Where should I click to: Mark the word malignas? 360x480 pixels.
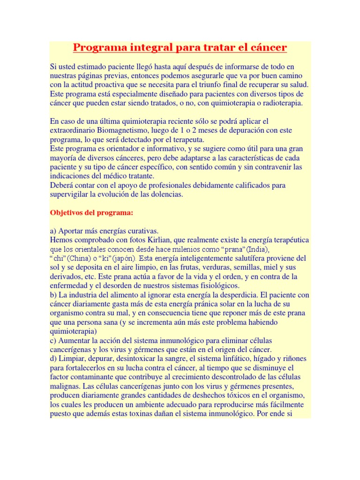click(x=65, y=386)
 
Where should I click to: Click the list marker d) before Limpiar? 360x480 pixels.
click(x=53, y=359)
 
